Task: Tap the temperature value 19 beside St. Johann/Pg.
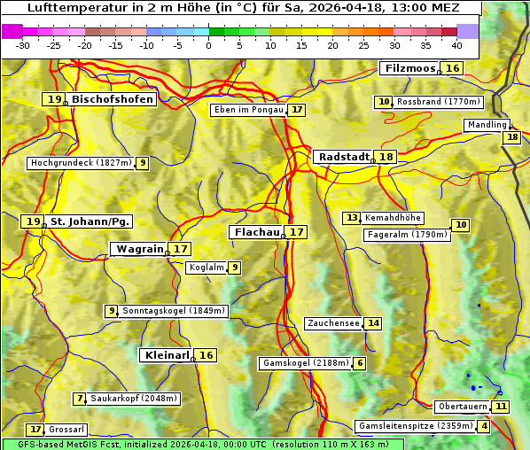pos(33,221)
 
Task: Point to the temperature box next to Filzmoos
pos(453,68)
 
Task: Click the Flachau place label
pos(256,232)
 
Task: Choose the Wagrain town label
pos(140,249)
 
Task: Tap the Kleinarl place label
pos(167,355)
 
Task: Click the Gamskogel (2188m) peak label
pos(306,363)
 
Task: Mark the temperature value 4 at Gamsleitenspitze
pos(484,426)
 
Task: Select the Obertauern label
pos(464,407)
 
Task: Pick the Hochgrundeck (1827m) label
pos(81,163)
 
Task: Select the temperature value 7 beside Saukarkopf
pos(80,399)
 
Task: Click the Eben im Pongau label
pos(248,110)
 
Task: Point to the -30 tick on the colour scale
pos(23,45)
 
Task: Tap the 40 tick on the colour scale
pos(456,45)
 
